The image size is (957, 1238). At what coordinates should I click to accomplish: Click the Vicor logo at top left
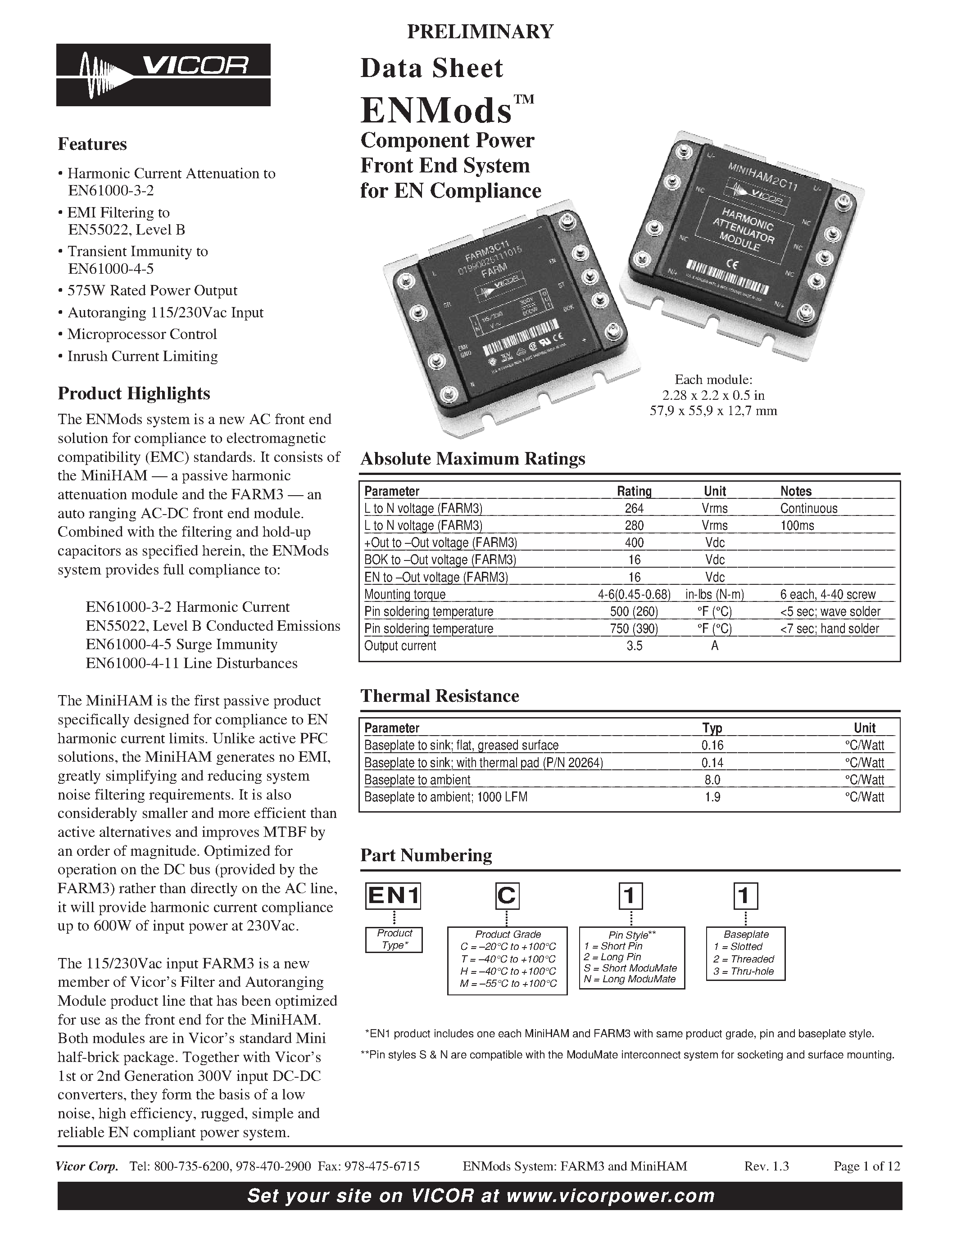(x=163, y=74)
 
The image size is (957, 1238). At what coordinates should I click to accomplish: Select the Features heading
(x=92, y=144)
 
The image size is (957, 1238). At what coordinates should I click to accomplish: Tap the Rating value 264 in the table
(x=634, y=508)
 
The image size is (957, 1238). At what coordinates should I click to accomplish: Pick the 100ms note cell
(x=797, y=525)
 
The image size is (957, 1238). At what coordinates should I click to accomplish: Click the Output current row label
(x=400, y=646)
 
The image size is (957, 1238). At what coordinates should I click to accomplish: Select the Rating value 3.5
(x=634, y=646)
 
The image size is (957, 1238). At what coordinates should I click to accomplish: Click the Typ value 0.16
(x=712, y=746)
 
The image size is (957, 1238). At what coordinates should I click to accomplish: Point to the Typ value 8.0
(x=712, y=780)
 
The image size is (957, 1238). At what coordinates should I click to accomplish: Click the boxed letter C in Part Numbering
(x=506, y=895)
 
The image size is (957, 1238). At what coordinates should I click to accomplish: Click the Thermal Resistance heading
(x=440, y=696)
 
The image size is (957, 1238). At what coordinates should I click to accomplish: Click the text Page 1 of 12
(x=866, y=1166)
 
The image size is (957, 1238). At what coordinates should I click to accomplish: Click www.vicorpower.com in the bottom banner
(x=610, y=1196)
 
